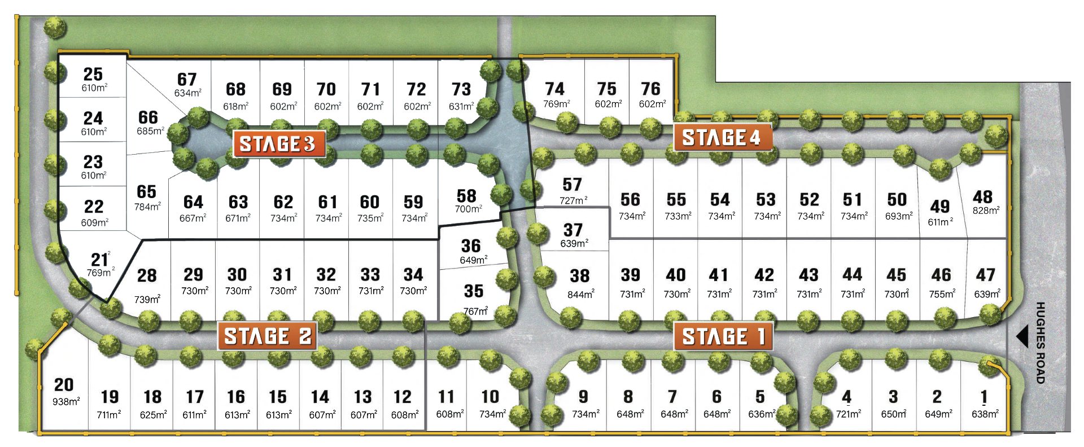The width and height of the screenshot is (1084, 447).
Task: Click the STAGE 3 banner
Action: pyautogui.click(x=278, y=144)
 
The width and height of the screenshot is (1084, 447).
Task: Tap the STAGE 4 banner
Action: pyautogui.click(x=722, y=138)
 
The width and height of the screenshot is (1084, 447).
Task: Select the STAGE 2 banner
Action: pyautogui.click(x=267, y=336)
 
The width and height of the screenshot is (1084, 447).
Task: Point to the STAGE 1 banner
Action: pyautogui.click(x=723, y=336)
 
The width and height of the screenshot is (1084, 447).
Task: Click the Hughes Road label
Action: pyautogui.click(x=1041, y=343)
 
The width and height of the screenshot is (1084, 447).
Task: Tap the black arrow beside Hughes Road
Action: pyautogui.click(x=1022, y=337)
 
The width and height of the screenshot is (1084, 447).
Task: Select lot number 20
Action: pyautogui.click(x=64, y=385)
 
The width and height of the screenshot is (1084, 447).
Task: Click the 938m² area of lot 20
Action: pyautogui.click(x=66, y=402)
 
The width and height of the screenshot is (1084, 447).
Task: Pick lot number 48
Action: pyautogui.click(x=982, y=196)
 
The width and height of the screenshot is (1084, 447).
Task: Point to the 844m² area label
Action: pyautogui.click(x=580, y=295)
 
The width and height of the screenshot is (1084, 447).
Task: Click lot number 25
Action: pyautogui.click(x=93, y=74)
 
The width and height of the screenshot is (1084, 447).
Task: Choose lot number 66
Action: pyautogui.click(x=148, y=117)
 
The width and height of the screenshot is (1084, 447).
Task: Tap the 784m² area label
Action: pyautogui.click(x=147, y=207)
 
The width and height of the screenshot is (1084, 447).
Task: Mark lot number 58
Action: pyautogui.click(x=466, y=196)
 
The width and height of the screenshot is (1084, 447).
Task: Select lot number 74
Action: pyautogui.click(x=554, y=89)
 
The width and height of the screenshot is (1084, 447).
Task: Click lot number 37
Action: pyautogui.click(x=572, y=230)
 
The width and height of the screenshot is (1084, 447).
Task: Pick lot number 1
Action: pyautogui.click(x=984, y=397)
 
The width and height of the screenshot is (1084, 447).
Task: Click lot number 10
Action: pyautogui.click(x=490, y=397)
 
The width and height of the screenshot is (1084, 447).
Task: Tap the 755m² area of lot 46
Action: pyautogui.click(x=942, y=294)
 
